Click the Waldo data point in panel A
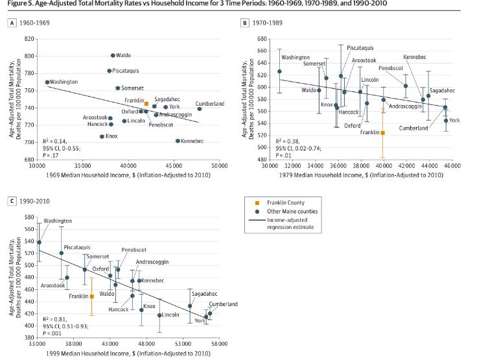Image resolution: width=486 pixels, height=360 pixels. click(113, 56)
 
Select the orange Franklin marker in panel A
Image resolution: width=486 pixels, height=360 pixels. click(146, 104)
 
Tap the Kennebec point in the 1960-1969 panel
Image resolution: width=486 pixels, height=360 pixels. click(178, 141)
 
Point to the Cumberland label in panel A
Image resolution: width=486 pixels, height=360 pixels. click(210, 104)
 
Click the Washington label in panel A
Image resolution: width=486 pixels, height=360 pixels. click(64, 82)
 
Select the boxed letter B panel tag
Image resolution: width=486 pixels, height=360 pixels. click(245, 23)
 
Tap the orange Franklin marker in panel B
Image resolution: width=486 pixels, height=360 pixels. click(383, 133)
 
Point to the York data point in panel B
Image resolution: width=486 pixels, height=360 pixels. click(446, 121)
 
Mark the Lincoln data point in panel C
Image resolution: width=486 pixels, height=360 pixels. click(159, 315)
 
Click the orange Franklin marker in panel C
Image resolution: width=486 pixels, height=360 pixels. click(92, 296)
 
